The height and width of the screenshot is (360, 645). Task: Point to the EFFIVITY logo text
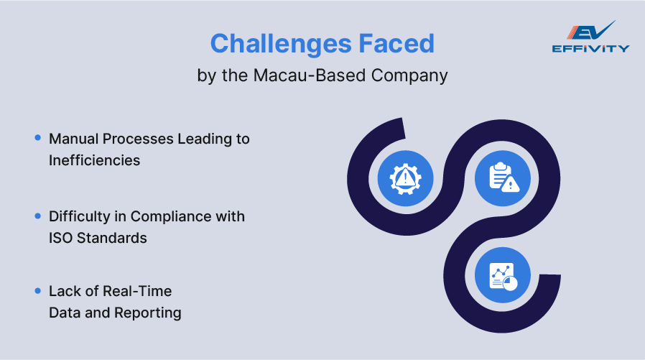click(591, 49)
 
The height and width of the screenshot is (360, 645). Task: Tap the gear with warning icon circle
click(405, 177)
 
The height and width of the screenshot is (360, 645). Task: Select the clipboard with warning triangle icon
click(503, 177)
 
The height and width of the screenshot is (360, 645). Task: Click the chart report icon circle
click(503, 276)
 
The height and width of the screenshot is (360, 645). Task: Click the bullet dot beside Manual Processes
click(37, 137)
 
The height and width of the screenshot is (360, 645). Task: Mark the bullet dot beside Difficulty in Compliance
click(37, 216)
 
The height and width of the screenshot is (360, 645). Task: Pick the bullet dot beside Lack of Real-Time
click(37, 290)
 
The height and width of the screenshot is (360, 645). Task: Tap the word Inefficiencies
click(94, 160)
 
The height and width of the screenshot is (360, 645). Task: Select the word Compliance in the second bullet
click(175, 216)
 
